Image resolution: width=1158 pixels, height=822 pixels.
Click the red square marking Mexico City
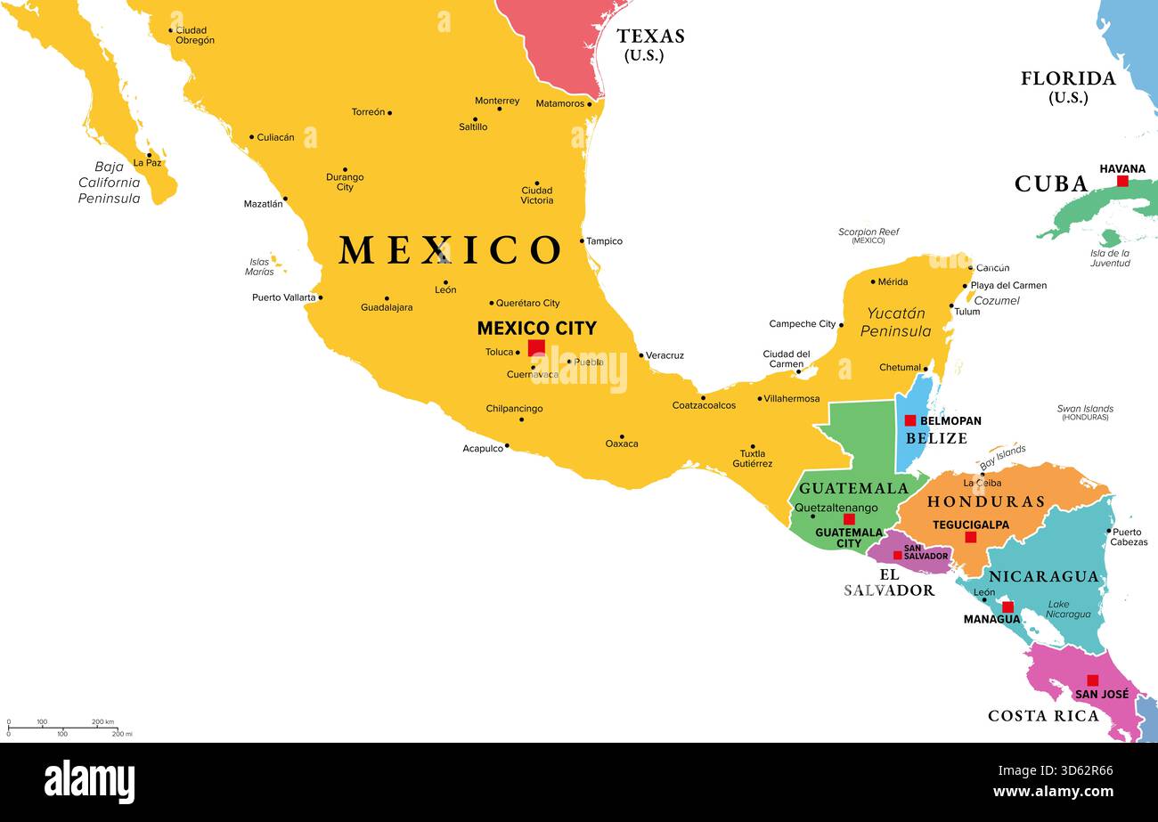pos(536,347)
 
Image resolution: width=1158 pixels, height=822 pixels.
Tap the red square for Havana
pos(1122,181)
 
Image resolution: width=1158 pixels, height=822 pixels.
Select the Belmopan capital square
pos(910,420)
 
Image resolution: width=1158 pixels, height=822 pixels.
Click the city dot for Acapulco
pos(507,445)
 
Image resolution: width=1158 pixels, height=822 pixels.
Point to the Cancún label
pos(992,268)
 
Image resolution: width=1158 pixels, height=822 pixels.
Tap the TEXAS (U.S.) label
pos(650,44)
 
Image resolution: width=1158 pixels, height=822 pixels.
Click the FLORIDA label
pos(1068,78)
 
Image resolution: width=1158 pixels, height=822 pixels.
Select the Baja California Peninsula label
pos(109,183)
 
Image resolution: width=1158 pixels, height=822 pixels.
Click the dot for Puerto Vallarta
pos(320,297)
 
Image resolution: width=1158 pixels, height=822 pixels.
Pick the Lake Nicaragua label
pos(1069,609)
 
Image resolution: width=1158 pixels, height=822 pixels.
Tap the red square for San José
pos(1092,680)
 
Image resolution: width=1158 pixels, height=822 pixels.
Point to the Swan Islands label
pos(1085,412)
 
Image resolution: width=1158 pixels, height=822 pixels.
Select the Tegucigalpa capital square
pos(970,537)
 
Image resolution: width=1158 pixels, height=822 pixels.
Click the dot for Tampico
pos(582,240)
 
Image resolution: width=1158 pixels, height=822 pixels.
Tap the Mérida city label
pos(893,281)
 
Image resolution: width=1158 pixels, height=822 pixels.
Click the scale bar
pos(62,728)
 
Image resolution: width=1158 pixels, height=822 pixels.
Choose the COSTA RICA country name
pos(1043,715)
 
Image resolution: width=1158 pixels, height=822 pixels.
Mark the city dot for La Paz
pos(149,155)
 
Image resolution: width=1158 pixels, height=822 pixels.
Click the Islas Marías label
pos(260,266)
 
